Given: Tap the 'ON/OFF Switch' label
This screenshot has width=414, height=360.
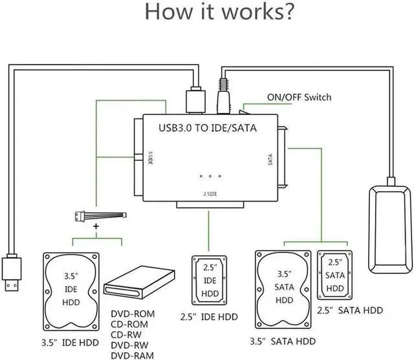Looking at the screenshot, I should coord(299,97).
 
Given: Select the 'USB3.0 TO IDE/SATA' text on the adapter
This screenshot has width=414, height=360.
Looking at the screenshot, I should coord(208,128).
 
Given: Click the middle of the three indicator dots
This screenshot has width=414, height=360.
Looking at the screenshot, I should coord(210,176).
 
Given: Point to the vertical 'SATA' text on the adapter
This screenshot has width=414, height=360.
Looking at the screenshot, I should coord(271,160).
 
